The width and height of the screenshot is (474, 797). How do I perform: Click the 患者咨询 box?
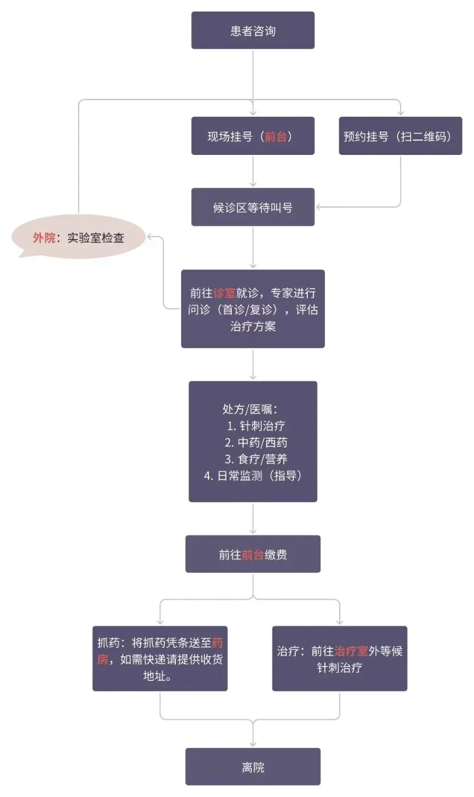click(252, 30)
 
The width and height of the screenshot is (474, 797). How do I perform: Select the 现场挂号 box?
click(252, 136)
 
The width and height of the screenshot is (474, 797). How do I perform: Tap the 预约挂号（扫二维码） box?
click(400, 136)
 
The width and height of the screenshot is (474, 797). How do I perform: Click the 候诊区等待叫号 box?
click(252, 207)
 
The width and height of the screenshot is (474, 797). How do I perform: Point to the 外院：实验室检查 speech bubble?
click(79, 238)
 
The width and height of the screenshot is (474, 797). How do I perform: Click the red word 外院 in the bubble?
click(44, 238)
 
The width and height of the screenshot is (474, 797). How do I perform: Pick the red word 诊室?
click(224, 293)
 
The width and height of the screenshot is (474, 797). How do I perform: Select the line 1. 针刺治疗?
click(255, 426)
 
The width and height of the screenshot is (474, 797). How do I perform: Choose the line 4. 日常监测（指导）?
click(252, 476)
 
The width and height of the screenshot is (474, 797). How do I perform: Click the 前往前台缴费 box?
click(252, 554)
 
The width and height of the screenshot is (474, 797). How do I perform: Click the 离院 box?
click(252, 767)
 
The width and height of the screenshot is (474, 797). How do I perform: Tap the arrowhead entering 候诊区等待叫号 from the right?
click(319, 206)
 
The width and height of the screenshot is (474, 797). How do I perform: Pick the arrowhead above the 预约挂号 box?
click(400, 112)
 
